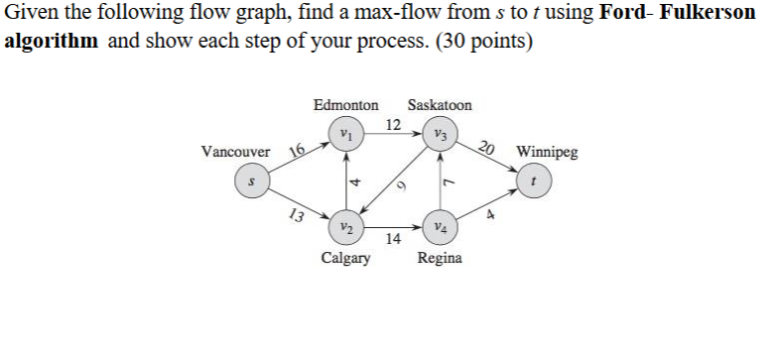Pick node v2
click(x=344, y=226)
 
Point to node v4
click(x=439, y=226)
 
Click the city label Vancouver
click(x=235, y=153)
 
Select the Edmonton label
click(x=345, y=104)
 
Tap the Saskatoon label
click(x=440, y=104)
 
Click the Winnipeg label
click(x=547, y=154)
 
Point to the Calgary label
click(x=345, y=258)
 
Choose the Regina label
click(x=440, y=258)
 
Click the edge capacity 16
click(x=296, y=150)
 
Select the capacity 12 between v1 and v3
click(x=393, y=124)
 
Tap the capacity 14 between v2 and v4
click(x=393, y=239)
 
